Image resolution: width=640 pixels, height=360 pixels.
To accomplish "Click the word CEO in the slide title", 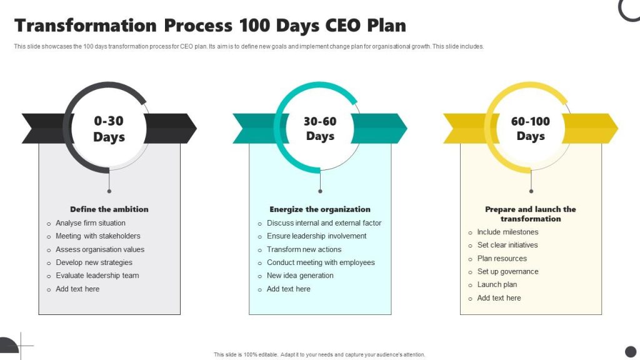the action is [x=343, y=25].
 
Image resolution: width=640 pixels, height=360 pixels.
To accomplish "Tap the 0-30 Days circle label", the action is [x=109, y=129].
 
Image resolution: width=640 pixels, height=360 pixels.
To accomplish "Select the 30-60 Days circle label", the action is [x=320, y=129].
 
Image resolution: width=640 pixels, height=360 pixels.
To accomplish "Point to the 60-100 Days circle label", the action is [x=531, y=129].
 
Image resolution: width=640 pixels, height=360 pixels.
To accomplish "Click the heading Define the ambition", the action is [x=109, y=209].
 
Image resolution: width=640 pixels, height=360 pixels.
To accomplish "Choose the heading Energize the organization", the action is [x=320, y=209].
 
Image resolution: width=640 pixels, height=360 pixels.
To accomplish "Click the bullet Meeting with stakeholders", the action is [x=98, y=236].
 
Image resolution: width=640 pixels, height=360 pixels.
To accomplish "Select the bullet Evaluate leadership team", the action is [x=97, y=276].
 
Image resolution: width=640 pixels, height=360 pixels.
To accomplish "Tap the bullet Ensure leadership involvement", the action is [x=317, y=236].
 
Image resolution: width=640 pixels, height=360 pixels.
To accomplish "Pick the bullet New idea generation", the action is [x=300, y=276].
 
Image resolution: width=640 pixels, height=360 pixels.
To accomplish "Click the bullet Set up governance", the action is [x=507, y=271].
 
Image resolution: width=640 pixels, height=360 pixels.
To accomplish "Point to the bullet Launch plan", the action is [x=497, y=284].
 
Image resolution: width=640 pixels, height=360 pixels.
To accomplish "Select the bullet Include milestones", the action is [x=507, y=232].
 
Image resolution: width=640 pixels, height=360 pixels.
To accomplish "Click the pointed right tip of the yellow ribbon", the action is [x=618, y=129].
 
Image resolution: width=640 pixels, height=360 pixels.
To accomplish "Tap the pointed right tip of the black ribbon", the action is [x=196, y=129].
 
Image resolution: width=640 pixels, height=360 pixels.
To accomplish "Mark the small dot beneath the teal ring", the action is [x=320, y=191].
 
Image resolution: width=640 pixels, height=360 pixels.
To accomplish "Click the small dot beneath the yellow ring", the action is [x=531, y=191].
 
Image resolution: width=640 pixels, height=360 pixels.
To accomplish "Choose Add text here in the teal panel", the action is [x=289, y=289].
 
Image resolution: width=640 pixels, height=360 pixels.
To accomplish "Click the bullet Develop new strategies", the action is [x=94, y=262].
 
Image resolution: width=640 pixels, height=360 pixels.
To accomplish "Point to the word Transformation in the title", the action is [x=85, y=25].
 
